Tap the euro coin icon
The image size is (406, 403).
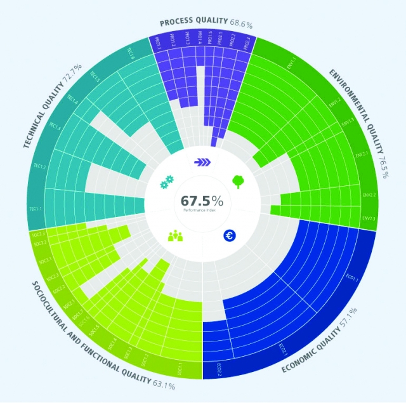[229, 236]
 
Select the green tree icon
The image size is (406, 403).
[239, 182]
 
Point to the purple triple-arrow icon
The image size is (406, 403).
[202, 162]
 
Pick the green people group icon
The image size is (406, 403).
[175, 236]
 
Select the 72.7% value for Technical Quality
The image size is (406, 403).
[73, 72]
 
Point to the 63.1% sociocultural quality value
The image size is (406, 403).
[164, 383]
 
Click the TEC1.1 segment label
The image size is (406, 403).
[36, 208]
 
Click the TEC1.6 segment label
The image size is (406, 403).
[131, 53]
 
